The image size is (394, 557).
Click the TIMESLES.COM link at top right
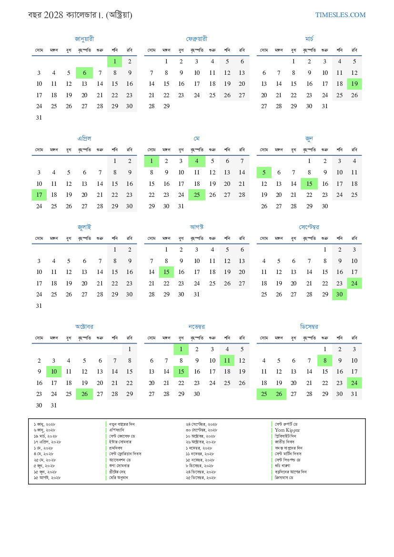[340, 15]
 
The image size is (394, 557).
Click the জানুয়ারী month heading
[84, 39]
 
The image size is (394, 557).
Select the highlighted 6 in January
[84, 73]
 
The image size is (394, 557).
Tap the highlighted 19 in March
[354, 84]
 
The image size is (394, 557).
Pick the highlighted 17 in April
[39, 195]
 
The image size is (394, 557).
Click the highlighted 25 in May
[197, 195]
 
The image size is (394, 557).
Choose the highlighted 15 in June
[309, 184]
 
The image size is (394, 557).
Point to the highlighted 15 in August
[166, 272]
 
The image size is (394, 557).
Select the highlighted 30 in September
[339, 294]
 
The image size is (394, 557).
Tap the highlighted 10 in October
[54, 372]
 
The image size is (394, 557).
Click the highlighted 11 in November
[227, 361]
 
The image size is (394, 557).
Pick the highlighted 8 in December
[324, 361]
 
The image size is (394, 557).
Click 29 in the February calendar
[166, 107]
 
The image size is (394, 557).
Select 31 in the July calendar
[39, 306]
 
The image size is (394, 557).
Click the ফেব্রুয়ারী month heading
[197, 39]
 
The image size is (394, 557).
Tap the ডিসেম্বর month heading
[309, 327]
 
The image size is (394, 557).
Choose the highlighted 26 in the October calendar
[84, 394]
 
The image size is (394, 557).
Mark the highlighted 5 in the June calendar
[264, 172]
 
